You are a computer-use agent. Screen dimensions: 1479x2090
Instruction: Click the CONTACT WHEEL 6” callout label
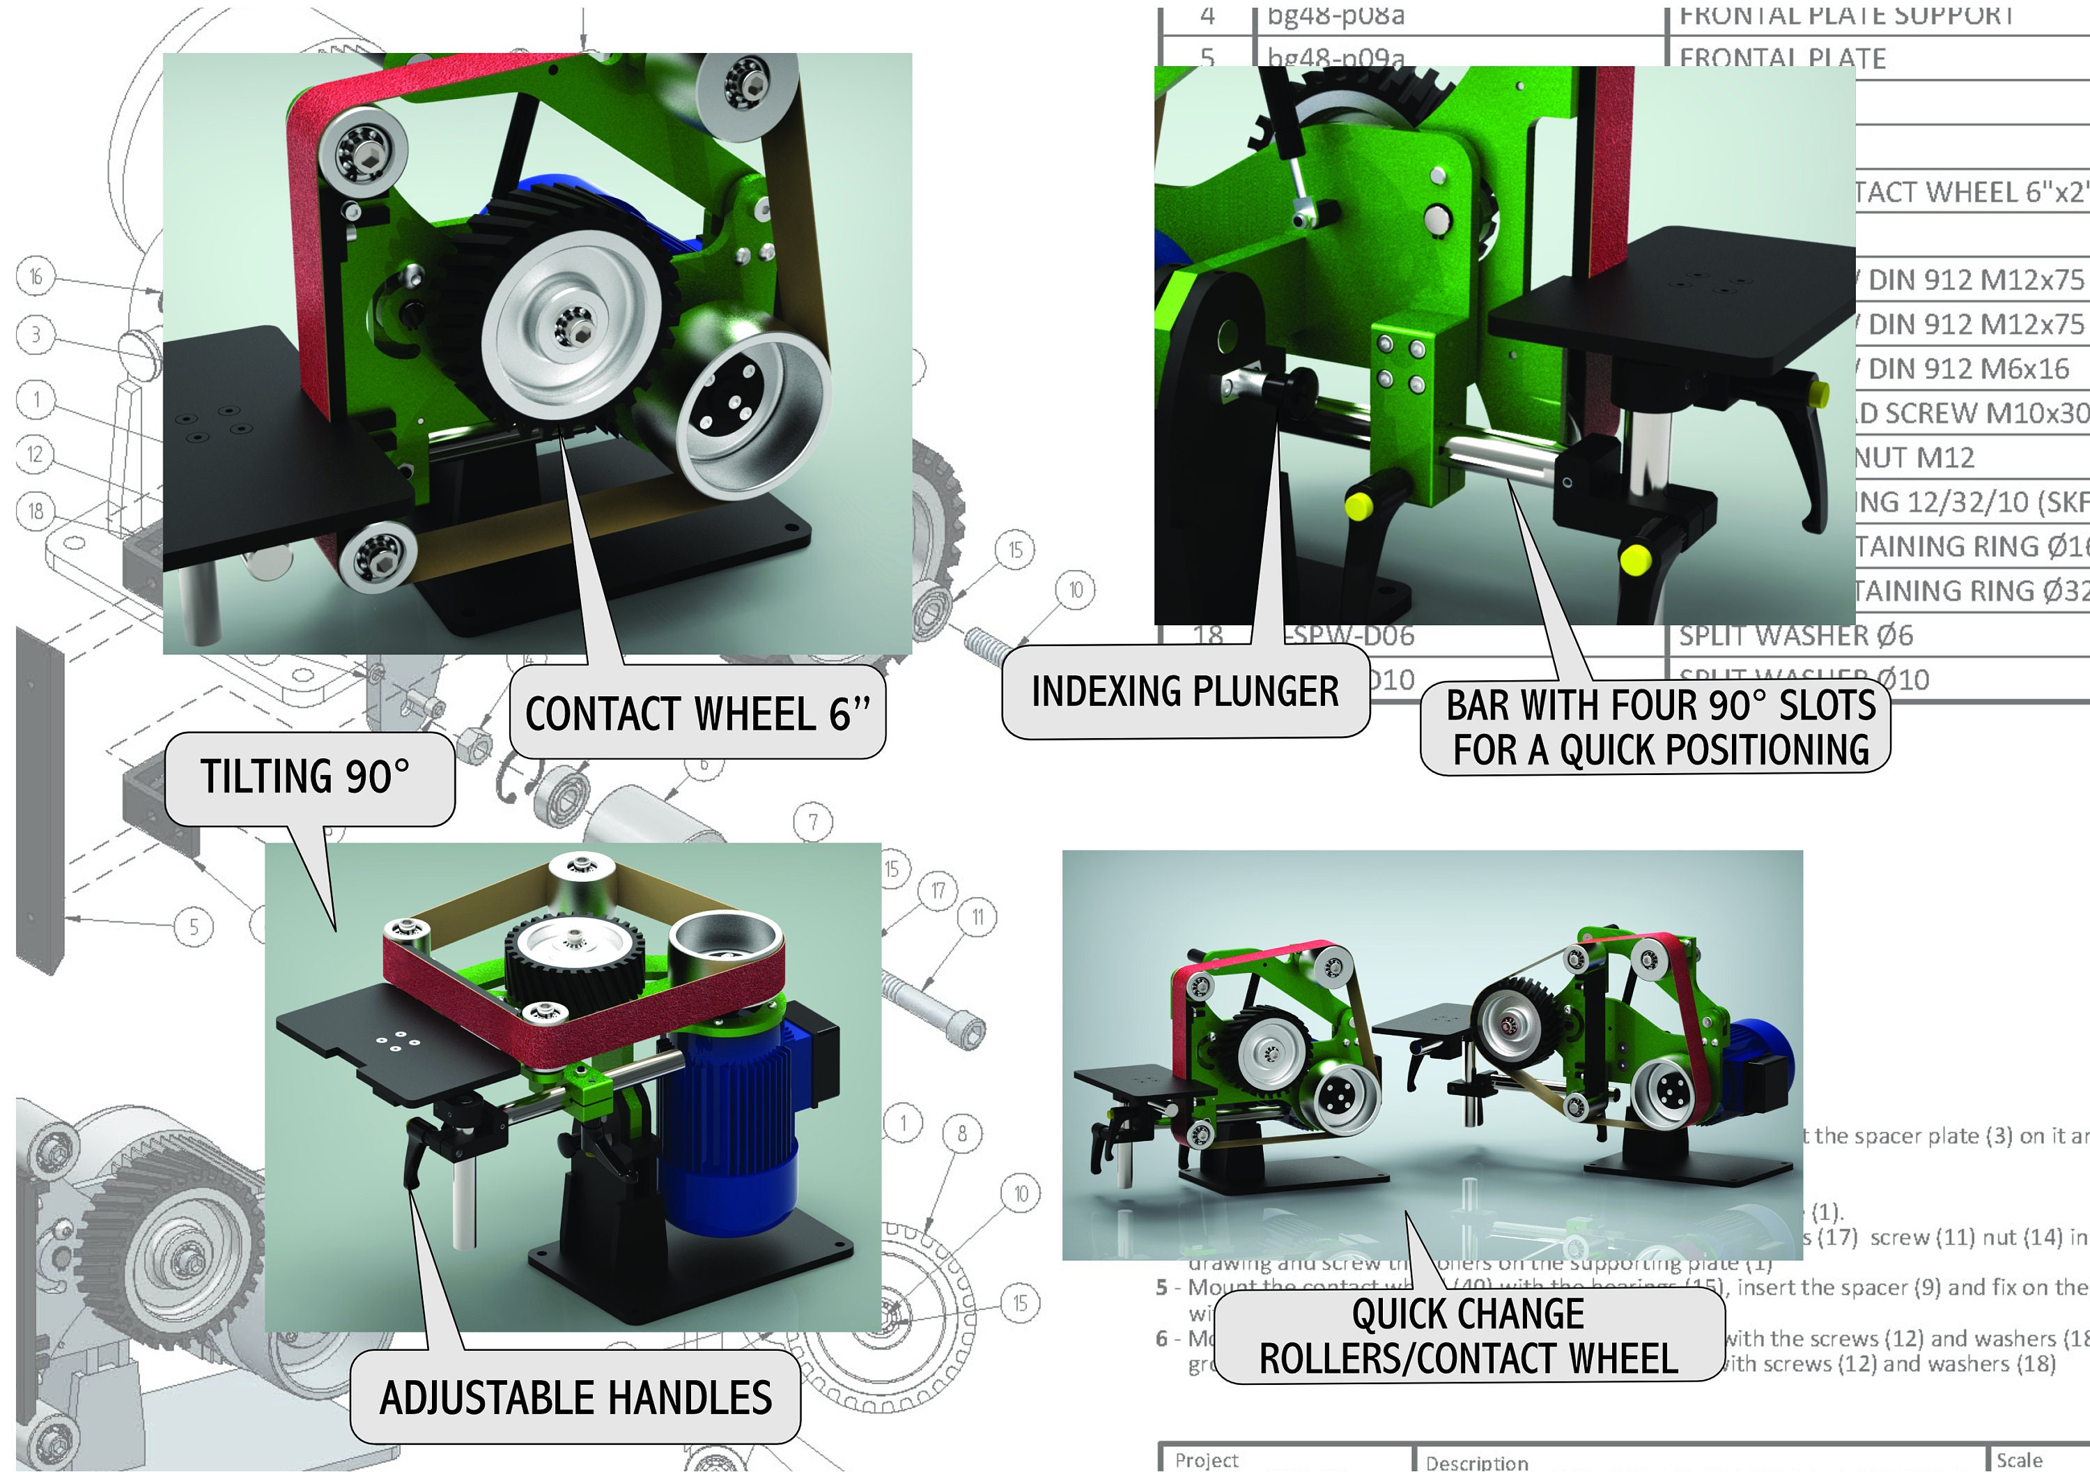pos(697,713)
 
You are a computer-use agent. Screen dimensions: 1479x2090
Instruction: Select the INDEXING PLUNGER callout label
pos(1184,691)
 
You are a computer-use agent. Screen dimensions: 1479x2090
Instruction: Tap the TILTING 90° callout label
pos(305,777)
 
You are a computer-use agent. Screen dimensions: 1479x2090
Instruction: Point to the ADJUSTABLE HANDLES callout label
pos(575,1397)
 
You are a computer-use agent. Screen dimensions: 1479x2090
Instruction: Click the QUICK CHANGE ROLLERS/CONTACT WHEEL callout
pos(1469,1336)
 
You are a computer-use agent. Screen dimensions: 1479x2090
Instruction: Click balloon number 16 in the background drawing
pos(36,276)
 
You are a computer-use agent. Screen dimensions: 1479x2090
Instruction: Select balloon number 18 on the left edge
pos(36,510)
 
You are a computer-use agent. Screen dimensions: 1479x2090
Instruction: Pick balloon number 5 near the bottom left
pos(193,927)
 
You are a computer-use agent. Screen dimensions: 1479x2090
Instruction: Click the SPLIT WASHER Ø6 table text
pos(1795,635)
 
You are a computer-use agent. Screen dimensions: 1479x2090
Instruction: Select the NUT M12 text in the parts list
pos(1914,457)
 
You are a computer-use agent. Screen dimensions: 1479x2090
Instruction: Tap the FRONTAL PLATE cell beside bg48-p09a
pos(1781,59)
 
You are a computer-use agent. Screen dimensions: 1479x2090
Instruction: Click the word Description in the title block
pos(1476,1462)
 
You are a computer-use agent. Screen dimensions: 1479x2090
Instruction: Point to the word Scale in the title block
pos(2019,1460)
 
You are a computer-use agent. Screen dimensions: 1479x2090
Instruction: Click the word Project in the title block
pos(1206,1460)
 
